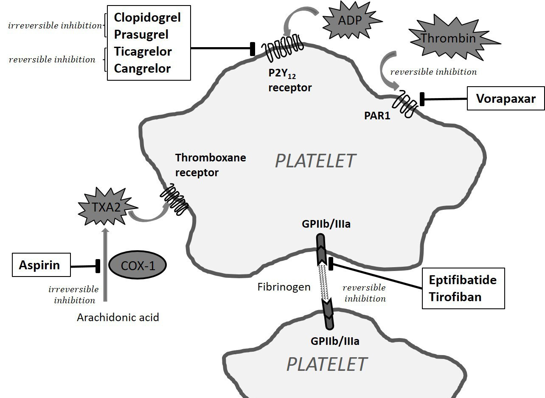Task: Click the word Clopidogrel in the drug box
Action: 147,17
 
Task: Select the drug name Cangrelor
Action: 142,68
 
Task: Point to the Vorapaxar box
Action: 506,99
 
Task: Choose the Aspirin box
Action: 39,266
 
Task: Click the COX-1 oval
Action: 138,265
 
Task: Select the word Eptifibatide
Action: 462,280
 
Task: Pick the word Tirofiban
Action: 455,296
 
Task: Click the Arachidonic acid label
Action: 118,317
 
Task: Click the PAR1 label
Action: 377,116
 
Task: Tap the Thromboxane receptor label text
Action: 211,165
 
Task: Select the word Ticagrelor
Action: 143,51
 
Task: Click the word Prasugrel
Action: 141,34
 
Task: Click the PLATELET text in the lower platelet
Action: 327,364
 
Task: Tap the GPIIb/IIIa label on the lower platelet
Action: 335,341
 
